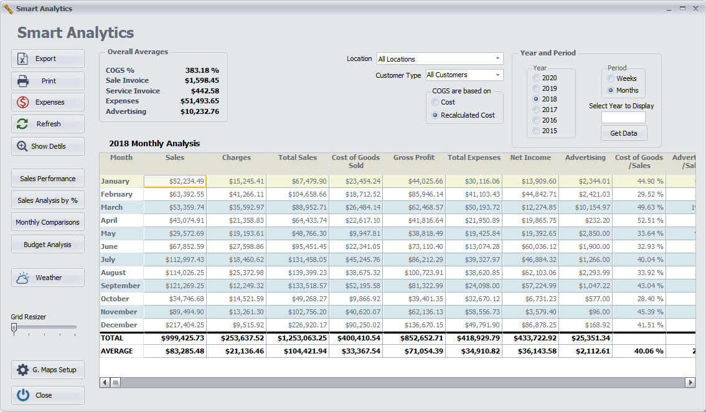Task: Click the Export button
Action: pyautogui.click(x=48, y=59)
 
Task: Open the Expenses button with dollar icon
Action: pyautogui.click(x=48, y=102)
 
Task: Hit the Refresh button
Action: pyautogui.click(x=48, y=124)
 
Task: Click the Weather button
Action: pyautogui.click(x=48, y=278)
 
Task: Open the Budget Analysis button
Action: pyautogui.click(x=48, y=245)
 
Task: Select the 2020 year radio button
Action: pyautogui.click(x=537, y=78)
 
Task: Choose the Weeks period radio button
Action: pyautogui.click(x=611, y=78)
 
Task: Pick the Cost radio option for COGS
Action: pyautogui.click(x=435, y=102)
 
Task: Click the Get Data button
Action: pyautogui.click(x=623, y=133)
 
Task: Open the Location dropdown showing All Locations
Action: pyautogui.click(x=440, y=59)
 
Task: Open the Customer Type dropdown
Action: pyautogui.click(x=464, y=75)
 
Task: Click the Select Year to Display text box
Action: pyautogui.click(x=623, y=118)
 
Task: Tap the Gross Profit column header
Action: pyautogui.click(x=413, y=158)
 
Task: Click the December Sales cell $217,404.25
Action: pyautogui.click(x=175, y=325)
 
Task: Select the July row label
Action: pyautogui.click(x=108, y=260)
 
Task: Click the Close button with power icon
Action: pyautogui.click(x=48, y=395)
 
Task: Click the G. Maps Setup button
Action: pyautogui.click(x=48, y=370)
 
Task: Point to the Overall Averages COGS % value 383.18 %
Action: pyautogui.click(x=202, y=70)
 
